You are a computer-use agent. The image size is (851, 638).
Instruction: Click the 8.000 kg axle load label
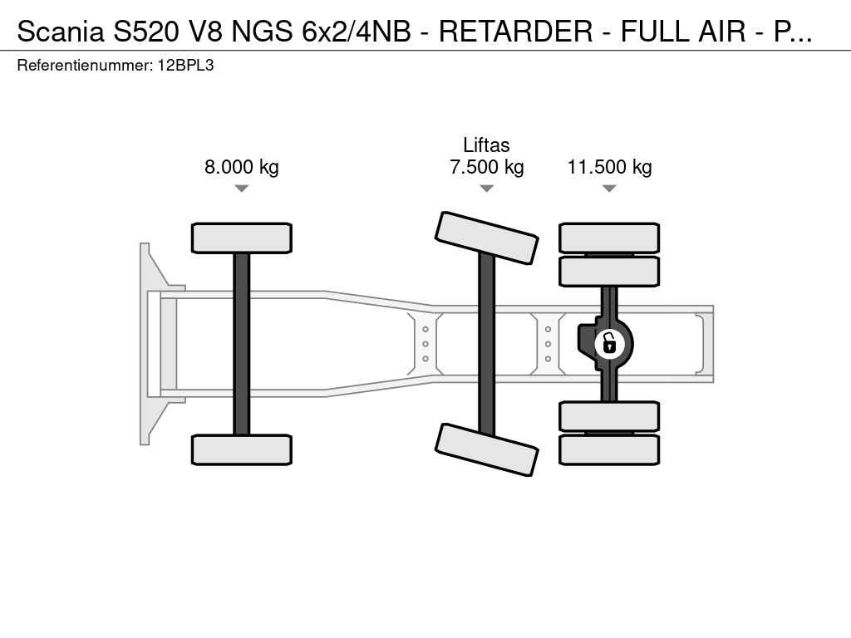(x=242, y=166)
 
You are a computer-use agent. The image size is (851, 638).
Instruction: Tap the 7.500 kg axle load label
(x=487, y=166)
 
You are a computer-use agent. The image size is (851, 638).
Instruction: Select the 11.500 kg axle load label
(x=609, y=166)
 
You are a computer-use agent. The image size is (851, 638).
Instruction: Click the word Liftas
(x=486, y=145)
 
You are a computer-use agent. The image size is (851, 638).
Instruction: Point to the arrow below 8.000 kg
(x=242, y=189)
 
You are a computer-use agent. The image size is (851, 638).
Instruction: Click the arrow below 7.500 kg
(x=487, y=189)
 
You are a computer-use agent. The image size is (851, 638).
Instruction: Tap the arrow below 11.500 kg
(x=609, y=189)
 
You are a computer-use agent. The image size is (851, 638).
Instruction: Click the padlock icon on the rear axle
(x=609, y=344)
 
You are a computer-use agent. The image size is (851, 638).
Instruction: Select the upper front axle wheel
(x=242, y=238)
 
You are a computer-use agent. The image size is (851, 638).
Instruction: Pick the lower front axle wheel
(x=242, y=449)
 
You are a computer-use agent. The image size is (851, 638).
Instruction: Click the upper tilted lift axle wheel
(x=487, y=238)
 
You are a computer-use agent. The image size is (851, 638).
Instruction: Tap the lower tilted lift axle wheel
(x=487, y=449)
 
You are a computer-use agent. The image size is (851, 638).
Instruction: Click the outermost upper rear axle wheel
(x=609, y=238)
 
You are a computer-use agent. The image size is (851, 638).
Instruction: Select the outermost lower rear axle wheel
(x=609, y=449)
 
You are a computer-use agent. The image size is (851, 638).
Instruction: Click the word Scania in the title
(x=61, y=32)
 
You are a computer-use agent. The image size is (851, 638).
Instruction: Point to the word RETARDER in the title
(x=515, y=32)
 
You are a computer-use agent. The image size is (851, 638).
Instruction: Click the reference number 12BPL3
(x=185, y=66)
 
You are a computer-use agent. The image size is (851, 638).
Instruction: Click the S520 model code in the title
(x=146, y=32)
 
